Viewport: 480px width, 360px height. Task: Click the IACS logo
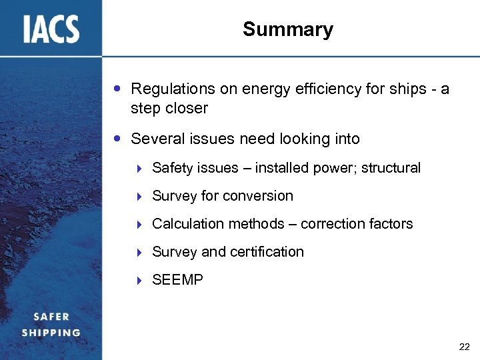click(51, 29)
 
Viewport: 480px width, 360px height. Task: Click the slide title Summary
click(287, 29)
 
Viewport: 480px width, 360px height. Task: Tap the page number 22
click(465, 347)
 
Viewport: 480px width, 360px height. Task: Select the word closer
click(187, 108)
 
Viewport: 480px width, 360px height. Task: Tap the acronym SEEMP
click(177, 280)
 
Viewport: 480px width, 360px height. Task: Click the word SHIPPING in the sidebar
click(51, 332)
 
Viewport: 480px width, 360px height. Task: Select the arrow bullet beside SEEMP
click(140, 280)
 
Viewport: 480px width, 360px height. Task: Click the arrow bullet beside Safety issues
click(140, 168)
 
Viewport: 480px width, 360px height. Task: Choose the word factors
click(394, 224)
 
